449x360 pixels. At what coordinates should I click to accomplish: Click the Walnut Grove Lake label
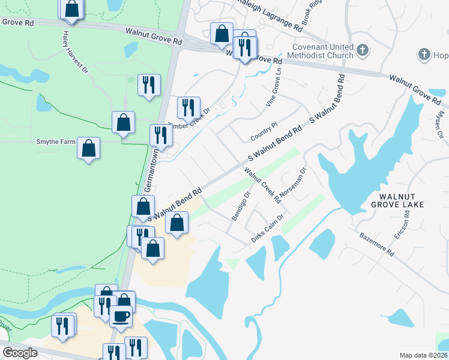point(397,200)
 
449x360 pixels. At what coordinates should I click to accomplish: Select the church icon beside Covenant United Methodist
point(362,49)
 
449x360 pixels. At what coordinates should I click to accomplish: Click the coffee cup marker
point(121,316)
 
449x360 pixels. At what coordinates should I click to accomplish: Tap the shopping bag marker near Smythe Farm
point(88,149)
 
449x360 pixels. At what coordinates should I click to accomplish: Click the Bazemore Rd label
point(376,245)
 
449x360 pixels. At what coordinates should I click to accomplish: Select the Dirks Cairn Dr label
point(267,229)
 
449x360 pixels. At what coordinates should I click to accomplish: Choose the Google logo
point(19,353)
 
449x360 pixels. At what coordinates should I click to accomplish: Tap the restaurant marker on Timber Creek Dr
point(188,108)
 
